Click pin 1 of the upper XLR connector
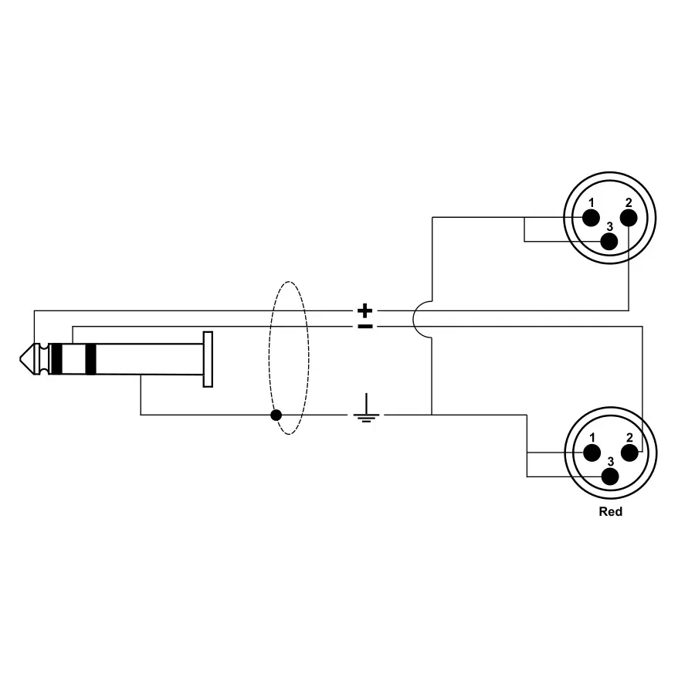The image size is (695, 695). pos(592,217)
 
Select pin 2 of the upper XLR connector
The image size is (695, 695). pos(629,217)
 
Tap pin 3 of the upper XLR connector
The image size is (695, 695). pos(610,240)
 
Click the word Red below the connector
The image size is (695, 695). pos(610,511)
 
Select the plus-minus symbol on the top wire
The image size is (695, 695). pos(365,311)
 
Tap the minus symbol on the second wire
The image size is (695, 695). pos(365,327)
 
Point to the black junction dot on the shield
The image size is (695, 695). pos(276,415)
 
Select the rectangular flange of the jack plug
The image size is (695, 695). pos(207,358)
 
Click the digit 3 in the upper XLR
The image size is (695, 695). pos(610,226)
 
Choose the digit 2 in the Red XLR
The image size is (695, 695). pos(629,438)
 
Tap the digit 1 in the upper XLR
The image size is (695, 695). pos(592,203)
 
